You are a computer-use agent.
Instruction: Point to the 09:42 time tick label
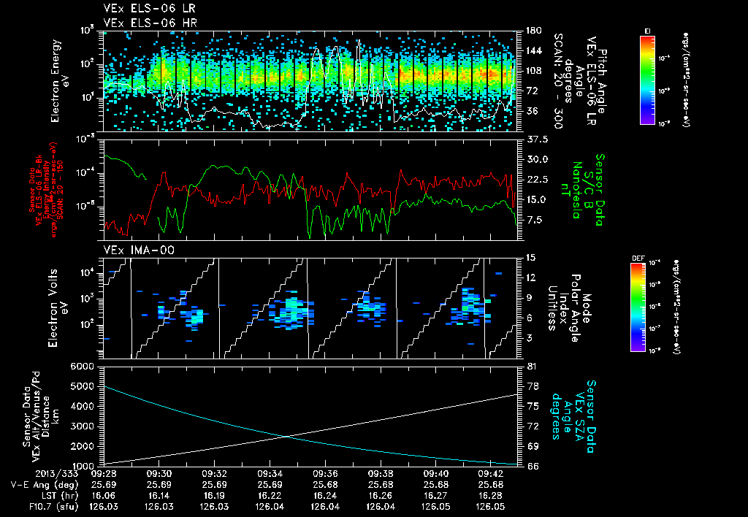tap(491, 473)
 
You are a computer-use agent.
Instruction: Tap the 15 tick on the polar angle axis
tap(529, 258)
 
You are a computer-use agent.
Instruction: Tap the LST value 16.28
tap(491, 494)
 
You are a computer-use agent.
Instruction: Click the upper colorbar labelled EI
tap(646, 77)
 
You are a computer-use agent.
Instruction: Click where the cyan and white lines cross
tap(286, 437)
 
